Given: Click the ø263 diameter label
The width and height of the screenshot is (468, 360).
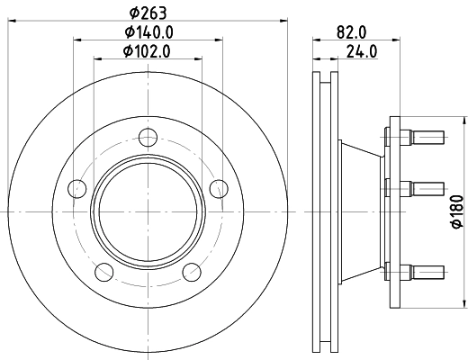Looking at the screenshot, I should pos(148,12).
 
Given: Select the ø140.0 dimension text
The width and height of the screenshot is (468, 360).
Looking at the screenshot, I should pos(148,31).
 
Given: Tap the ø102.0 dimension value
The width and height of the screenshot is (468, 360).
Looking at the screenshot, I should pos(148,51).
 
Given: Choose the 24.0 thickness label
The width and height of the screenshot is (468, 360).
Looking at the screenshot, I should pos(361,51).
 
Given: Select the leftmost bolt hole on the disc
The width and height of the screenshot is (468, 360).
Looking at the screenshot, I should pos(78,189).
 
